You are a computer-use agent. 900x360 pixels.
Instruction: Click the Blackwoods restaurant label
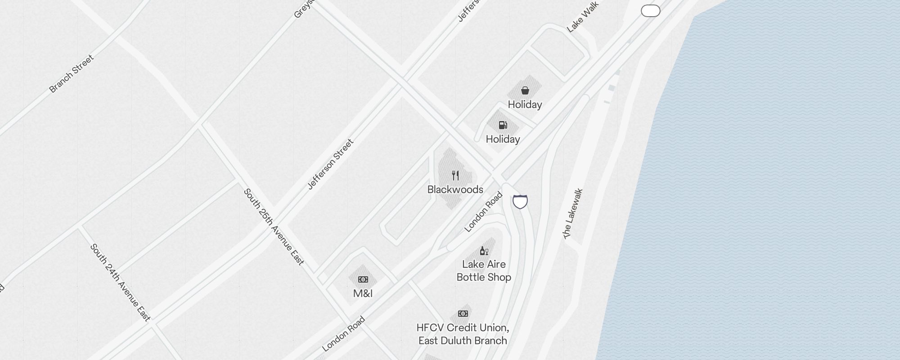pos(455,189)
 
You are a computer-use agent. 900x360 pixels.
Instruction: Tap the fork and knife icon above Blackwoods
pos(455,175)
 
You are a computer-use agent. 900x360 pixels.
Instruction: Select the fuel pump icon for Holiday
pos(503,125)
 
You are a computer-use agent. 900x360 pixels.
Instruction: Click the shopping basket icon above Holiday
pos(525,90)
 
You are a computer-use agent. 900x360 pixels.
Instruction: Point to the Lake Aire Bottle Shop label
pos(484,270)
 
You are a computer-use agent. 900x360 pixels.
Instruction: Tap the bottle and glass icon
pos(484,251)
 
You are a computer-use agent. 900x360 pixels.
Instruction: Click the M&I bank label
pos(363,293)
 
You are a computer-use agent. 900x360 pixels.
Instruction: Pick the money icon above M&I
pos(363,279)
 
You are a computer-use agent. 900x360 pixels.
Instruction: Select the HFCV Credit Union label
pos(463,334)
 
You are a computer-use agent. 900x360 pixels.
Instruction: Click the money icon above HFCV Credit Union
pos(463,314)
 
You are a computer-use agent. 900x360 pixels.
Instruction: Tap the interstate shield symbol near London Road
pos(520,202)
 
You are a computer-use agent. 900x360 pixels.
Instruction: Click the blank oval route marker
pos(650,11)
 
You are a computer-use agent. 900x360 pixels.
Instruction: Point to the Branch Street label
pos(72,74)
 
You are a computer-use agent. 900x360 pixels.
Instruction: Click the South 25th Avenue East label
pos(274,226)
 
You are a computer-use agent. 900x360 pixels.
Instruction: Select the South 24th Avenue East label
pos(120,282)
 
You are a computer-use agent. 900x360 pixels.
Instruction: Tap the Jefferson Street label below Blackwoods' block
pos(330,164)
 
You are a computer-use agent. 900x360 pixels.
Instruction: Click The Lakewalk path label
pos(573,213)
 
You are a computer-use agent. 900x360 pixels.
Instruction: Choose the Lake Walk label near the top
pos(582,17)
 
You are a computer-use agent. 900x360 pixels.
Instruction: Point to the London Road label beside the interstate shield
pos(483,212)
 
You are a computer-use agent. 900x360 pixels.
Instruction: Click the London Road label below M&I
pos(343,334)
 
